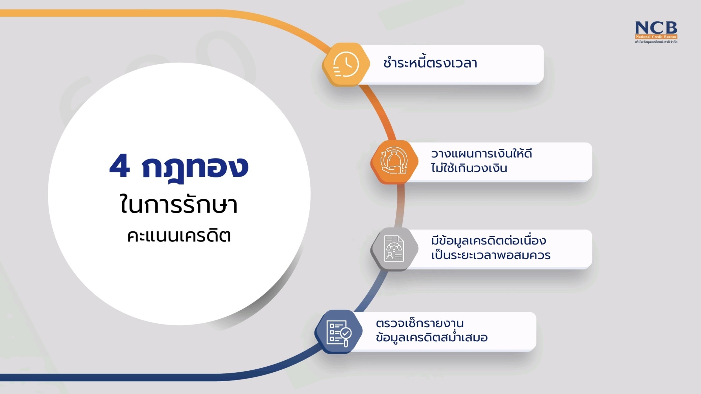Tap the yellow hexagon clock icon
point(346,64)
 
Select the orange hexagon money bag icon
point(394,162)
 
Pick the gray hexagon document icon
point(394,249)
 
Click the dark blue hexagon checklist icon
point(338,332)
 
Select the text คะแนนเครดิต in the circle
point(179,235)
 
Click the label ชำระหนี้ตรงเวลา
point(430,63)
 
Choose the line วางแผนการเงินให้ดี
point(481,153)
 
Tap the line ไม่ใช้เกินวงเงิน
point(469,168)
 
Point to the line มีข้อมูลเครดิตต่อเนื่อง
point(488,240)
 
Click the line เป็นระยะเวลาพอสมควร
point(490,255)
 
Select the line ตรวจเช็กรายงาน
point(420,323)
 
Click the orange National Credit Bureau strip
point(656,37)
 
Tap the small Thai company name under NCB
point(656,42)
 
